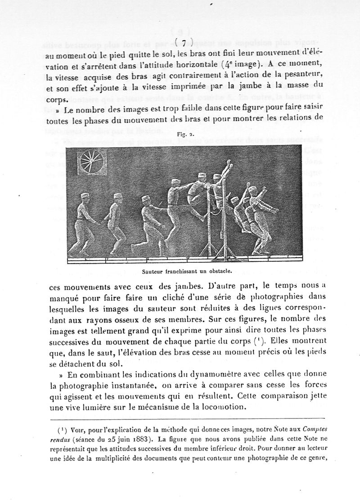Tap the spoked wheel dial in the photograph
pos(92,163)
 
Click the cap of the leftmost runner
pos(85,197)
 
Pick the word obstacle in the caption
pos(219,271)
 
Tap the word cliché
pos(175,297)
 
